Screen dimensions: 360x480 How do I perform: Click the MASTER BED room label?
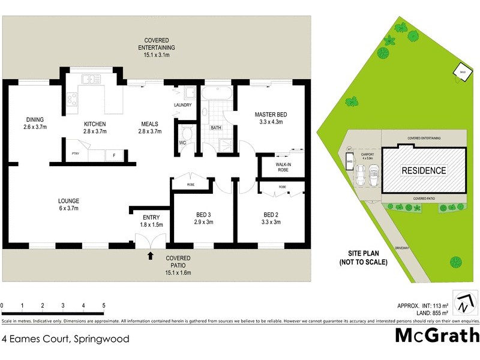[x=268, y=114]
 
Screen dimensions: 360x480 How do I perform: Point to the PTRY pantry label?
[x=76, y=154]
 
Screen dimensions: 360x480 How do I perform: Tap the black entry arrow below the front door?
[x=150, y=256]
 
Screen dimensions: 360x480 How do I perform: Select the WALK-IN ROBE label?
[x=283, y=166]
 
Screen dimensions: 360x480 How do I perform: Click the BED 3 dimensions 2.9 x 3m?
[x=203, y=222]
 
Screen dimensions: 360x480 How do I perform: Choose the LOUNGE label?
[x=69, y=200]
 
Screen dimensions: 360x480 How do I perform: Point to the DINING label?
[x=35, y=119]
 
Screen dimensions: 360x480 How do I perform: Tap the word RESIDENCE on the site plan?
[x=424, y=170]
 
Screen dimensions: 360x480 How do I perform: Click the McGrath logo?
[x=436, y=335]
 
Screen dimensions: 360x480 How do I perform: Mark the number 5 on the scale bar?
[x=104, y=305]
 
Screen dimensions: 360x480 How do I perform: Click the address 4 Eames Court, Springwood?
[x=65, y=339]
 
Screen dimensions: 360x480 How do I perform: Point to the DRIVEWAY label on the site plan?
[x=402, y=245]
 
